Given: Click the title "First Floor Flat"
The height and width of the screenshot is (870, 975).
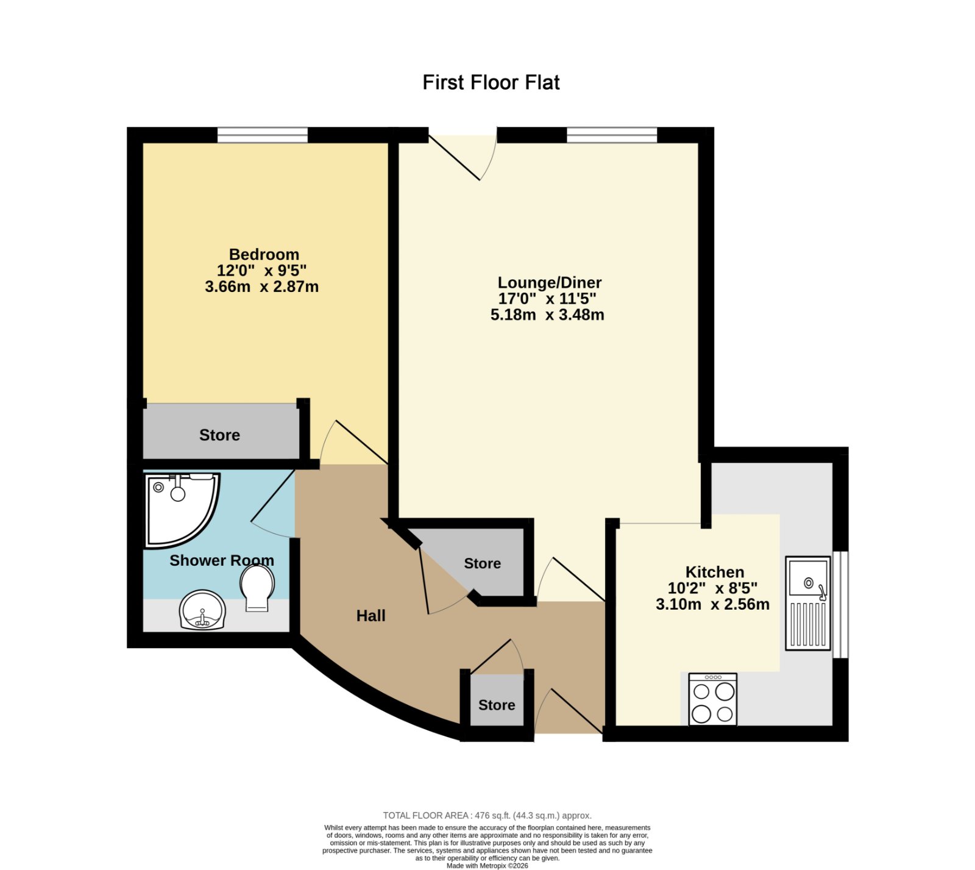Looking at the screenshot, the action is pos(491,82).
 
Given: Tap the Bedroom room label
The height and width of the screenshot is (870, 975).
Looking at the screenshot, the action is pos(264,254).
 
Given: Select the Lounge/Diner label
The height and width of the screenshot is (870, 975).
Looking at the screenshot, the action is pos(550,282).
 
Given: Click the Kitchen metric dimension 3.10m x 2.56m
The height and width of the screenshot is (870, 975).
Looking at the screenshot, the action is pos(712,604).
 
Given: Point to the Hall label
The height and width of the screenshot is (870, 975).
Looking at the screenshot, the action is pos(371,616).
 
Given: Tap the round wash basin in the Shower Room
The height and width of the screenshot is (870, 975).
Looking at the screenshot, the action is pos(203,610).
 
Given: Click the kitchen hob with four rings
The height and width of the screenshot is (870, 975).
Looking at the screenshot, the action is pos(712,699).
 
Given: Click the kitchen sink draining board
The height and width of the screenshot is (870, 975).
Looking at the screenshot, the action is pos(808,624).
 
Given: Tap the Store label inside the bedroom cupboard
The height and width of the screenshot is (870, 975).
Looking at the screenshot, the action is pos(219,435).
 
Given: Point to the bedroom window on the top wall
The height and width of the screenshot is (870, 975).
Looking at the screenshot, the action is pos(263,135).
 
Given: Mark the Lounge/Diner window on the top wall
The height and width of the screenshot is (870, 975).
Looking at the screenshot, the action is pos(612,135).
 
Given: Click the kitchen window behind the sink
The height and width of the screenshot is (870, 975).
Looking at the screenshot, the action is pos(840,605).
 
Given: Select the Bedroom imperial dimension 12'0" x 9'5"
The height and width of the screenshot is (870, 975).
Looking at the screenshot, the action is pos(261,270).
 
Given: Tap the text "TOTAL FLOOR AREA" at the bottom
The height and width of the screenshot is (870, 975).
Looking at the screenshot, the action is pos(426,815).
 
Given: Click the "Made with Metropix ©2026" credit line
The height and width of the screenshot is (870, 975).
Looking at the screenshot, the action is pos(487,866).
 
